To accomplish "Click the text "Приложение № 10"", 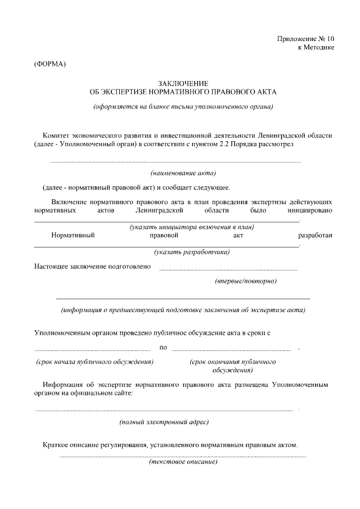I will click(x=305, y=39).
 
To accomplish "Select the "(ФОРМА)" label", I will click(x=50, y=64).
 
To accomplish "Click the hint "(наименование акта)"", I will click(x=183, y=173).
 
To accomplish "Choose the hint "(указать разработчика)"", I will click(x=192, y=252).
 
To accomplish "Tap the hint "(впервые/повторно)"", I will click(x=246, y=280).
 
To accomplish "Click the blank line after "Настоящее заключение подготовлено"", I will click(x=228, y=270).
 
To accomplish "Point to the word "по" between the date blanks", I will click(x=163, y=347).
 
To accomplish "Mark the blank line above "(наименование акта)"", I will click(x=175, y=162).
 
